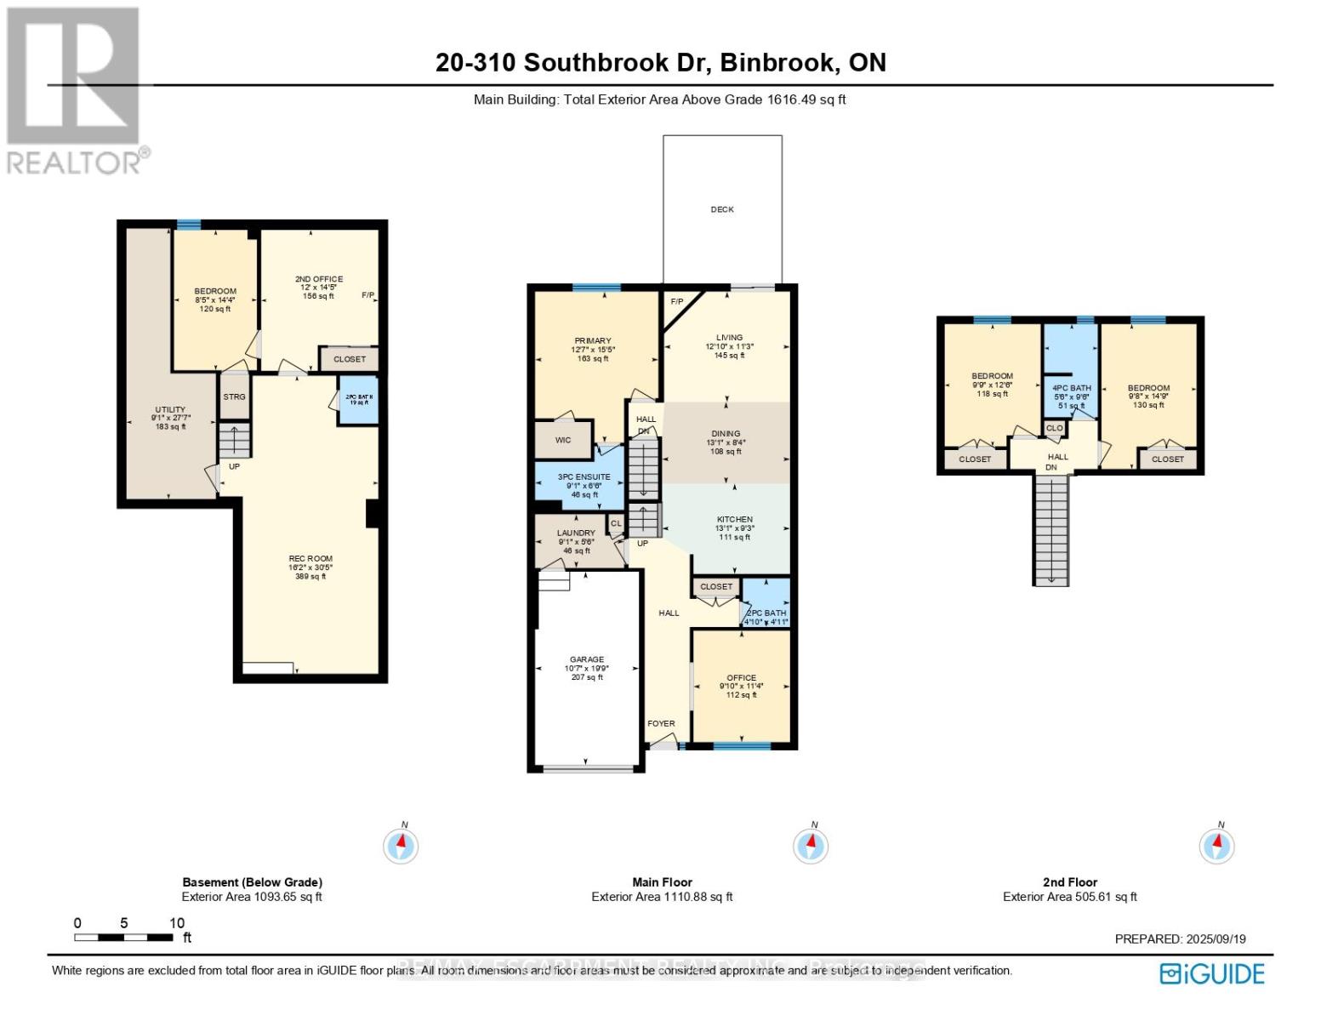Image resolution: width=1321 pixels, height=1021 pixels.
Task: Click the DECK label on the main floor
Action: [721, 209]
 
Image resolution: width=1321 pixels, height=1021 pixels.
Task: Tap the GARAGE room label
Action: [587, 659]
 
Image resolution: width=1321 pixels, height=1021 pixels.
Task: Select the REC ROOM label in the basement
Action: [310, 559]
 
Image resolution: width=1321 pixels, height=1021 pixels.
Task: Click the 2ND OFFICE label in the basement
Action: [319, 279]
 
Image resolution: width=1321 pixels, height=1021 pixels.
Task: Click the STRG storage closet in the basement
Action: [234, 397]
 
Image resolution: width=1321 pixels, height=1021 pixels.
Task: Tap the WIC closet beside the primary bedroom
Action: [562, 440]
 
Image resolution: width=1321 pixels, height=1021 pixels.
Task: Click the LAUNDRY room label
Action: [577, 533]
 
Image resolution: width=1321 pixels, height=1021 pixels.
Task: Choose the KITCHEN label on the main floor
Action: [734, 520]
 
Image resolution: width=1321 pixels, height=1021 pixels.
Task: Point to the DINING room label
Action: [726, 434]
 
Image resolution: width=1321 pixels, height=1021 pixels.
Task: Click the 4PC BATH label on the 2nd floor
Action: [1071, 388]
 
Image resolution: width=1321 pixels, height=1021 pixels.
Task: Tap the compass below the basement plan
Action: [401, 845]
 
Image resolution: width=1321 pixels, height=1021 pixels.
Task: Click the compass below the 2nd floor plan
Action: [1216, 845]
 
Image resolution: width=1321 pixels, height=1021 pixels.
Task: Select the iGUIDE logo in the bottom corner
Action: [1212, 973]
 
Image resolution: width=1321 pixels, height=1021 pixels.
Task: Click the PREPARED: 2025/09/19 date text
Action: [1180, 938]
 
